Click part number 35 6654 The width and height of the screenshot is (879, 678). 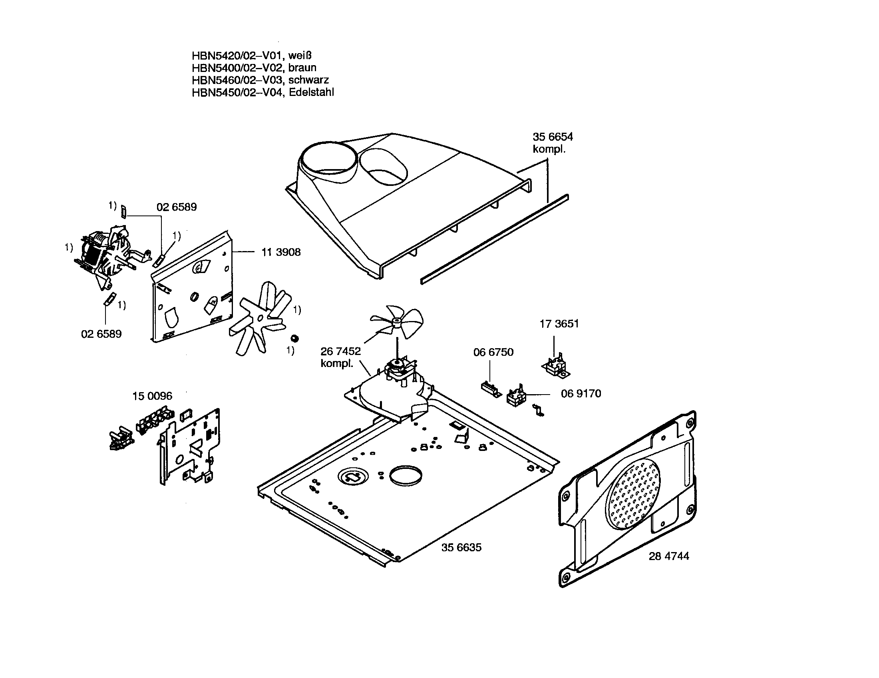click(553, 137)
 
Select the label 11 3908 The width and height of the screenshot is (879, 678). click(281, 252)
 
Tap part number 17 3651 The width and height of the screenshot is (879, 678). click(559, 324)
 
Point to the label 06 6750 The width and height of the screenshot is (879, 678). click(493, 352)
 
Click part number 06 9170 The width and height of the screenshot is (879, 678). click(581, 394)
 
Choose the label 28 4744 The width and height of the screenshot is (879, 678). click(668, 556)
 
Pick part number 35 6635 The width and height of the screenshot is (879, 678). click(461, 548)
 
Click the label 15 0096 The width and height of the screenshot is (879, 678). click(152, 396)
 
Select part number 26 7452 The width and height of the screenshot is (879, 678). click(340, 351)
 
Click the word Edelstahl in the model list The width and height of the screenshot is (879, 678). click(311, 93)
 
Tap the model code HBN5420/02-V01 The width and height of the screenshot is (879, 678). click(236, 55)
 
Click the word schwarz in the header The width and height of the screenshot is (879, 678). click(308, 80)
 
